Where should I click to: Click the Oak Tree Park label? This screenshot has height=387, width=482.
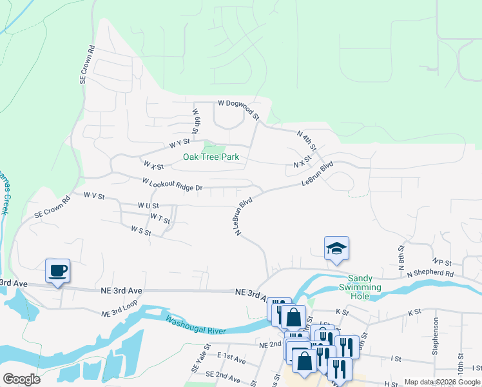[x=211, y=157]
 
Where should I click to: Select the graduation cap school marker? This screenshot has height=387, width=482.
[x=336, y=249]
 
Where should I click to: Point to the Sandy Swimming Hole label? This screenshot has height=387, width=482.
[x=364, y=283]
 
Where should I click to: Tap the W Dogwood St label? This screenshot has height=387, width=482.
[x=238, y=108]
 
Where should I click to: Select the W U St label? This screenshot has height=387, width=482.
[x=148, y=205]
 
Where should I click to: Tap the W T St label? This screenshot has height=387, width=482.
[x=160, y=218]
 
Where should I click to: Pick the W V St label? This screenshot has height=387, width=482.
[x=94, y=194]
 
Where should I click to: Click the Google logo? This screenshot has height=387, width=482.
[x=21, y=379]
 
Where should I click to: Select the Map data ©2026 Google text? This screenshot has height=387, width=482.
[x=442, y=382]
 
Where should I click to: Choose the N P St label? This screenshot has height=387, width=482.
[x=441, y=262]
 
